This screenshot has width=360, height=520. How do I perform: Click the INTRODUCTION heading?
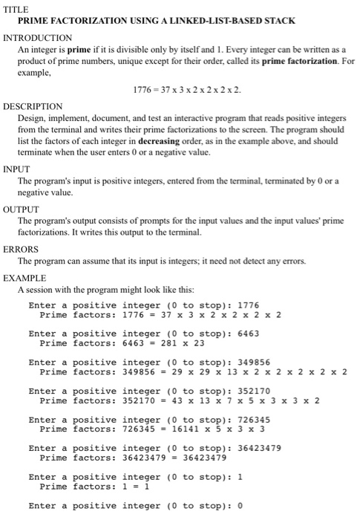(x=48, y=37)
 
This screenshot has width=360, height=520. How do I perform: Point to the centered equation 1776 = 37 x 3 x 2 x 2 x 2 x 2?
(x=187, y=90)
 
